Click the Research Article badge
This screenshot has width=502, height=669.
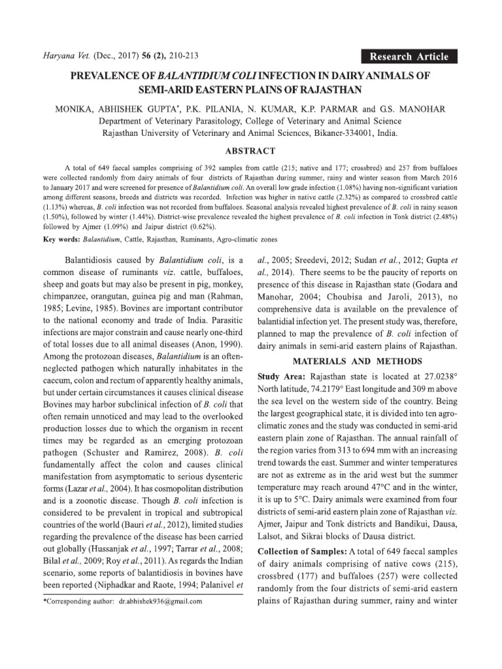[x=409, y=56]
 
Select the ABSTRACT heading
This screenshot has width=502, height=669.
[x=250, y=150]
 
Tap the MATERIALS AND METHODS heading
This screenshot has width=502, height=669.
[x=357, y=361]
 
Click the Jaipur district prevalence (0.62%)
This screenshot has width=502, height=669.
[x=197, y=226]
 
